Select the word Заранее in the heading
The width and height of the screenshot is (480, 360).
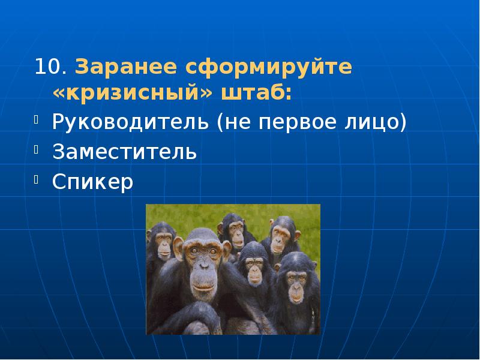126,67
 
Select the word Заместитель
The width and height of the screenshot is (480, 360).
124,151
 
